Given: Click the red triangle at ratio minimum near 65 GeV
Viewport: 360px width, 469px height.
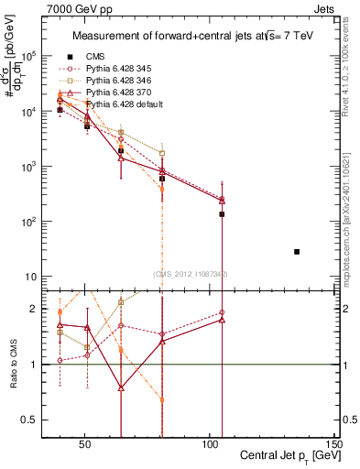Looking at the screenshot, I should click(x=121, y=387).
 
